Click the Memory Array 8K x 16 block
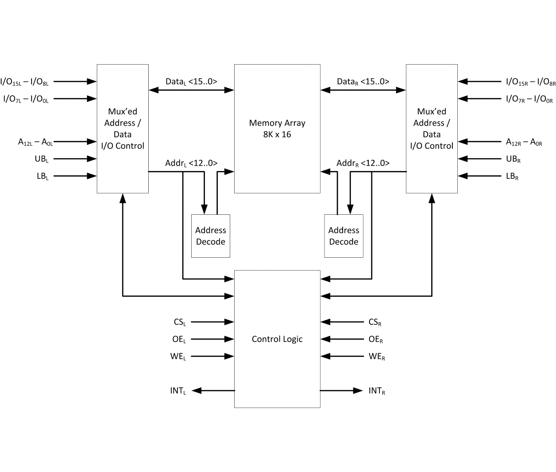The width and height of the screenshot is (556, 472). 277,128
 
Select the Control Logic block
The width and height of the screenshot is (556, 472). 277,339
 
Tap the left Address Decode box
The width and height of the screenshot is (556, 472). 211,236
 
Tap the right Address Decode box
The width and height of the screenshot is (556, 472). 344,236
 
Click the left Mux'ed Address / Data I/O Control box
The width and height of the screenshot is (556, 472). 123,128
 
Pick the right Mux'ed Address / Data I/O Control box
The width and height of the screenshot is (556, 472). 432,128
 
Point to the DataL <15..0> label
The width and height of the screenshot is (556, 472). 191,82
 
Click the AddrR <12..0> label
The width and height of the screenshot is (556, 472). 363,163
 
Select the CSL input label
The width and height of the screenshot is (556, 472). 180,322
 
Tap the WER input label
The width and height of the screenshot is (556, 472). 377,356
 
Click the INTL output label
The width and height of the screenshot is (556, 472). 178,391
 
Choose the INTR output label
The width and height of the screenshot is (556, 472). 377,391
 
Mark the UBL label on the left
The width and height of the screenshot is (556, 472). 42,159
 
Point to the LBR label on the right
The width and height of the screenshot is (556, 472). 512,176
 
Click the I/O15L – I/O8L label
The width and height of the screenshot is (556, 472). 24,82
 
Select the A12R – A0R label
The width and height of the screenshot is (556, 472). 524,142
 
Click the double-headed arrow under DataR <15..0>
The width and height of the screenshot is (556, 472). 363,90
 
